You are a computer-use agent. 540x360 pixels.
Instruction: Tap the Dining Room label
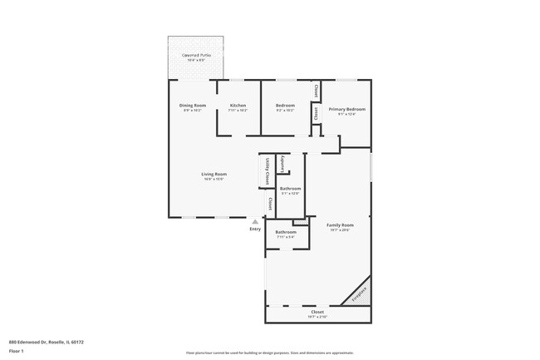point(192,106)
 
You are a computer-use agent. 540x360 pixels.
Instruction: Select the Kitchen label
point(238,106)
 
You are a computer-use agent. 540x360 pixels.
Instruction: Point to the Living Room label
point(214,174)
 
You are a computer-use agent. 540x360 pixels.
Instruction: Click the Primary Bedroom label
point(346,109)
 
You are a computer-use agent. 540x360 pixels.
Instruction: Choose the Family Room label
point(340,225)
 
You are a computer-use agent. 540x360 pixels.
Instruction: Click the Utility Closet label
point(267,170)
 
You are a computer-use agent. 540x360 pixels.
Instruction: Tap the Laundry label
point(283,163)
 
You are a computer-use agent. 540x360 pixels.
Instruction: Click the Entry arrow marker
point(255,222)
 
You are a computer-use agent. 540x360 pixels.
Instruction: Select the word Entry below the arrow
point(255,229)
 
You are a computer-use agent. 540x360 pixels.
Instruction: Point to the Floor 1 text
point(16,351)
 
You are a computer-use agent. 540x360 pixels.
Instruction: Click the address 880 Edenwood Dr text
point(47,341)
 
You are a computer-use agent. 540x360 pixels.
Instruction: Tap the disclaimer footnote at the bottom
point(270,353)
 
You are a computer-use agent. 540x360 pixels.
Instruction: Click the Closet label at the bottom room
point(317,312)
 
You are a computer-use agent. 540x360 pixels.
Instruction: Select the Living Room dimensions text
point(214,179)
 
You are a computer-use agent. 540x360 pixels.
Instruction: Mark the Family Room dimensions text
point(340,230)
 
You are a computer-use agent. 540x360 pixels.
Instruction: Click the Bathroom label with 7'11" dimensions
point(286,232)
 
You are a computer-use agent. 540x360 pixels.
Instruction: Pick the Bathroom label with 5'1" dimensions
point(290,189)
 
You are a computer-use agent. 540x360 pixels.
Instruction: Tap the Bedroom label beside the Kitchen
point(284,106)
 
